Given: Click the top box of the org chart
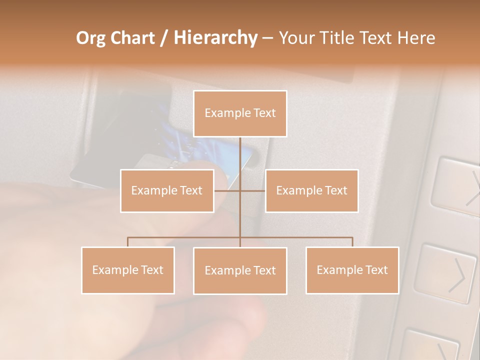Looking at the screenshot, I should point(240,113).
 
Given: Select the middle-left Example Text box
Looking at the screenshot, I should point(166,190).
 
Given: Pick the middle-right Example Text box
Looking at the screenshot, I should point(311,190).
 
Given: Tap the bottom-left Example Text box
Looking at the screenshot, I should point(127,270).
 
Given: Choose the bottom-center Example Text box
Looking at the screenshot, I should point(240,270).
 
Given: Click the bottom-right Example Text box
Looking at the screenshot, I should point(352,270).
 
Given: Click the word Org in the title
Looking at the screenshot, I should point(90,38).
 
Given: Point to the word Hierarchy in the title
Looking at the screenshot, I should point(215,38).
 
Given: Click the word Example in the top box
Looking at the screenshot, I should point(222,113).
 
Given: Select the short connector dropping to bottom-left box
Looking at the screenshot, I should point(127,242).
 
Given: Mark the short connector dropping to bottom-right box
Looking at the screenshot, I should point(352,242).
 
